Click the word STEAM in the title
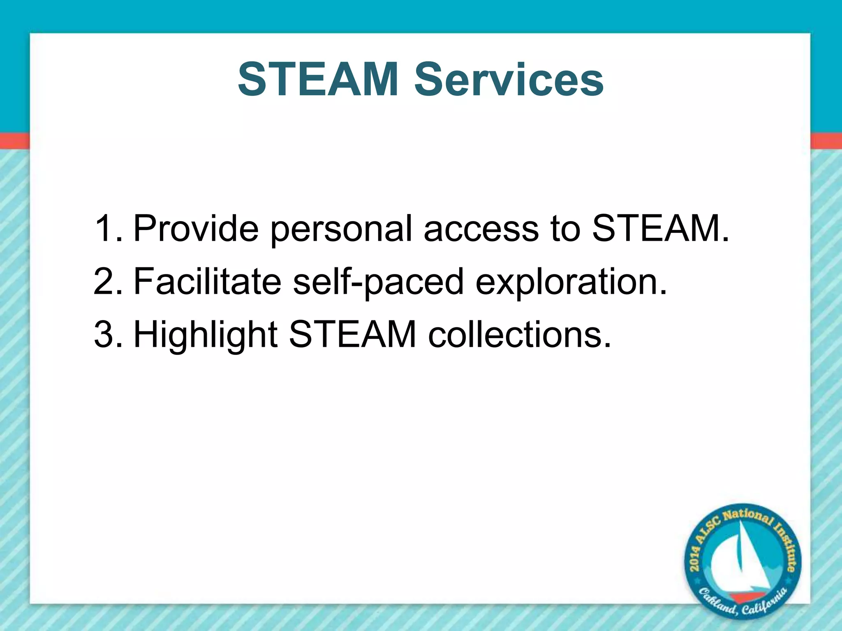pyautogui.click(x=318, y=79)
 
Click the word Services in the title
pyautogui.click(x=509, y=79)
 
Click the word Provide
pyautogui.click(x=196, y=228)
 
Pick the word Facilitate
pyautogui.click(x=207, y=281)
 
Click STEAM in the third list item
pyautogui.click(x=353, y=334)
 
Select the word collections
pyautogui.click(x=519, y=334)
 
